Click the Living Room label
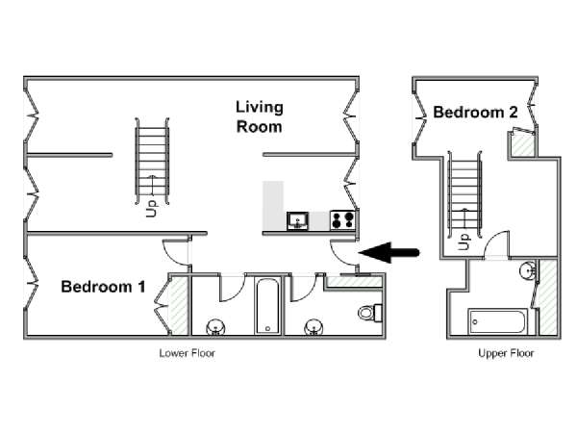tap(260, 116)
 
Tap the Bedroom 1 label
tap(104, 287)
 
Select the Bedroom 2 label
tap(475, 113)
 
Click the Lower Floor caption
tap(187, 353)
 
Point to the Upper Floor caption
tap(506, 353)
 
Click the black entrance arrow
tap(389, 252)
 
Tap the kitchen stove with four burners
tap(342, 219)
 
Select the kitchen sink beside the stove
tap(297, 221)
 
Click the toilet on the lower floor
tap(370, 313)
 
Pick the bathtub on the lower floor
tap(267, 306)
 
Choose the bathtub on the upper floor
tap(498, 321)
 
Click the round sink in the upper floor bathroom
tap(529, 271)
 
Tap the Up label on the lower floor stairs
tap(151, 209)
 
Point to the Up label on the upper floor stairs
tap(464, 242)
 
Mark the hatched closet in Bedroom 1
tap(179, 306)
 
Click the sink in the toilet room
tap(314, 327)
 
